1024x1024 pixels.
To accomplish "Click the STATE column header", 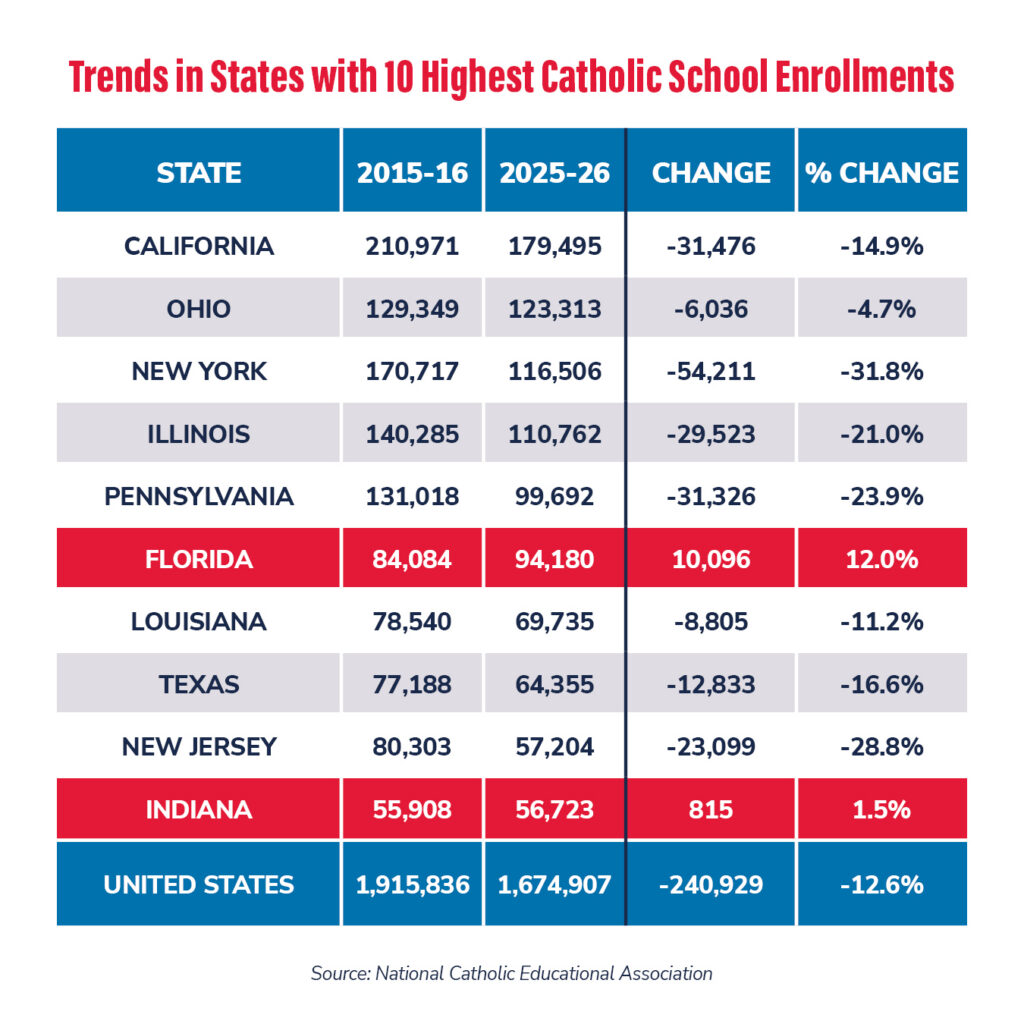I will (198, 172).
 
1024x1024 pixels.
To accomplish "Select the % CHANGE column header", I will (881, 172).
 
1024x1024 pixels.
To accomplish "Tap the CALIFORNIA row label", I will (198, 246).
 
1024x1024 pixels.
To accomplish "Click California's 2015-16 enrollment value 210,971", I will (412, 246).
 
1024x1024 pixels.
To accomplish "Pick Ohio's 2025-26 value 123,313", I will (554, 309).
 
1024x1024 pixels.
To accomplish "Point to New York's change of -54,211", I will (710, 372).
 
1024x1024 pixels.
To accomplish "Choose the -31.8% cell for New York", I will (881, 372).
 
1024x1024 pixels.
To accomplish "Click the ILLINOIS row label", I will (198, 435).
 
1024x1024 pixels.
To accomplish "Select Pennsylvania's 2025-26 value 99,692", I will (554, 497).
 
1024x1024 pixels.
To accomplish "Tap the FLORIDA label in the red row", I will (198, 560).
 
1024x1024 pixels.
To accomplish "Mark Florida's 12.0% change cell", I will (881, 560).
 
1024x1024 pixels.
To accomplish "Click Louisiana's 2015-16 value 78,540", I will (412, 622).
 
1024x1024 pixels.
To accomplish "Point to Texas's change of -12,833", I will (710, 685).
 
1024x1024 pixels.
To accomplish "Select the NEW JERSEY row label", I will (198, 747).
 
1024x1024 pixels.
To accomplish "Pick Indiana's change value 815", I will (710, 810).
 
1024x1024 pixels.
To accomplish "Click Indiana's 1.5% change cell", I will (881, 810).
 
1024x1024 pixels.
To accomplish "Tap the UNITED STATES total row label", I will (198, 885).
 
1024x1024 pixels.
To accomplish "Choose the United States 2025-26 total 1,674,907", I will (554, 885).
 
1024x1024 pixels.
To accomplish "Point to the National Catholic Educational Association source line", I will (511, 973).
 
